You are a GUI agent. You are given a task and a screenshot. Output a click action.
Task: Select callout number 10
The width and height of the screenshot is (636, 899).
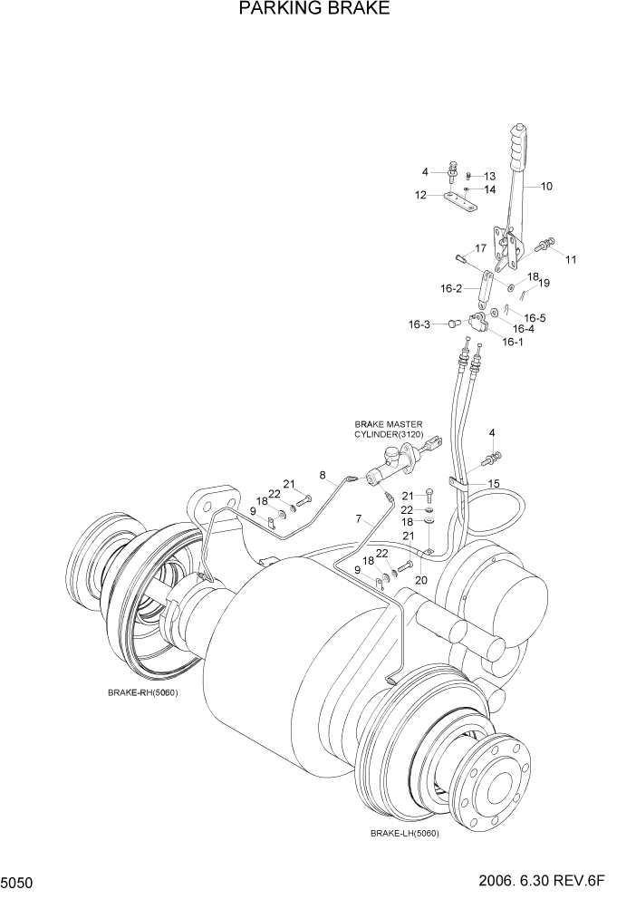point(546,187)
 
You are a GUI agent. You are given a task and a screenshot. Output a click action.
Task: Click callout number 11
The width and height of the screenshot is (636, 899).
point(570,260)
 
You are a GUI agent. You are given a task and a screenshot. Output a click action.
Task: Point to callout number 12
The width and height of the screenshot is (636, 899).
point(420,195)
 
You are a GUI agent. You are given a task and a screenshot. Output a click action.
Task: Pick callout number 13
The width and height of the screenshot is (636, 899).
point(489,176)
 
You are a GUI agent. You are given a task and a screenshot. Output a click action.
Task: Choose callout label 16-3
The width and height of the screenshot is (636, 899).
point(419,324)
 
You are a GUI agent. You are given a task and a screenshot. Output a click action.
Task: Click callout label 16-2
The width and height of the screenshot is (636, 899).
point(452,289)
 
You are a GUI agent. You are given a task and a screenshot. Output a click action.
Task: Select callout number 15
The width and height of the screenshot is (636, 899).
point(494,484)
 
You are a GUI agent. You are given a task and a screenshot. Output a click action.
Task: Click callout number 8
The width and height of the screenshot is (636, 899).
point(322,474)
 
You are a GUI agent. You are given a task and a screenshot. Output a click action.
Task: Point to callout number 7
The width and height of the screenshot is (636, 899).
point(358,519)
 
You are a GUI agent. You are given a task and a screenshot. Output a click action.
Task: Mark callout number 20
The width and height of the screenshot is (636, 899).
point(420,580)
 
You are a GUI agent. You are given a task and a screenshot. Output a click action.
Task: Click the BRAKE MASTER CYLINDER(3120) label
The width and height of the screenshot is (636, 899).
point(389,429)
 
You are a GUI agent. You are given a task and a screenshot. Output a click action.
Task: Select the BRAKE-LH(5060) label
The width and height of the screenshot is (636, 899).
point(403,833)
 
